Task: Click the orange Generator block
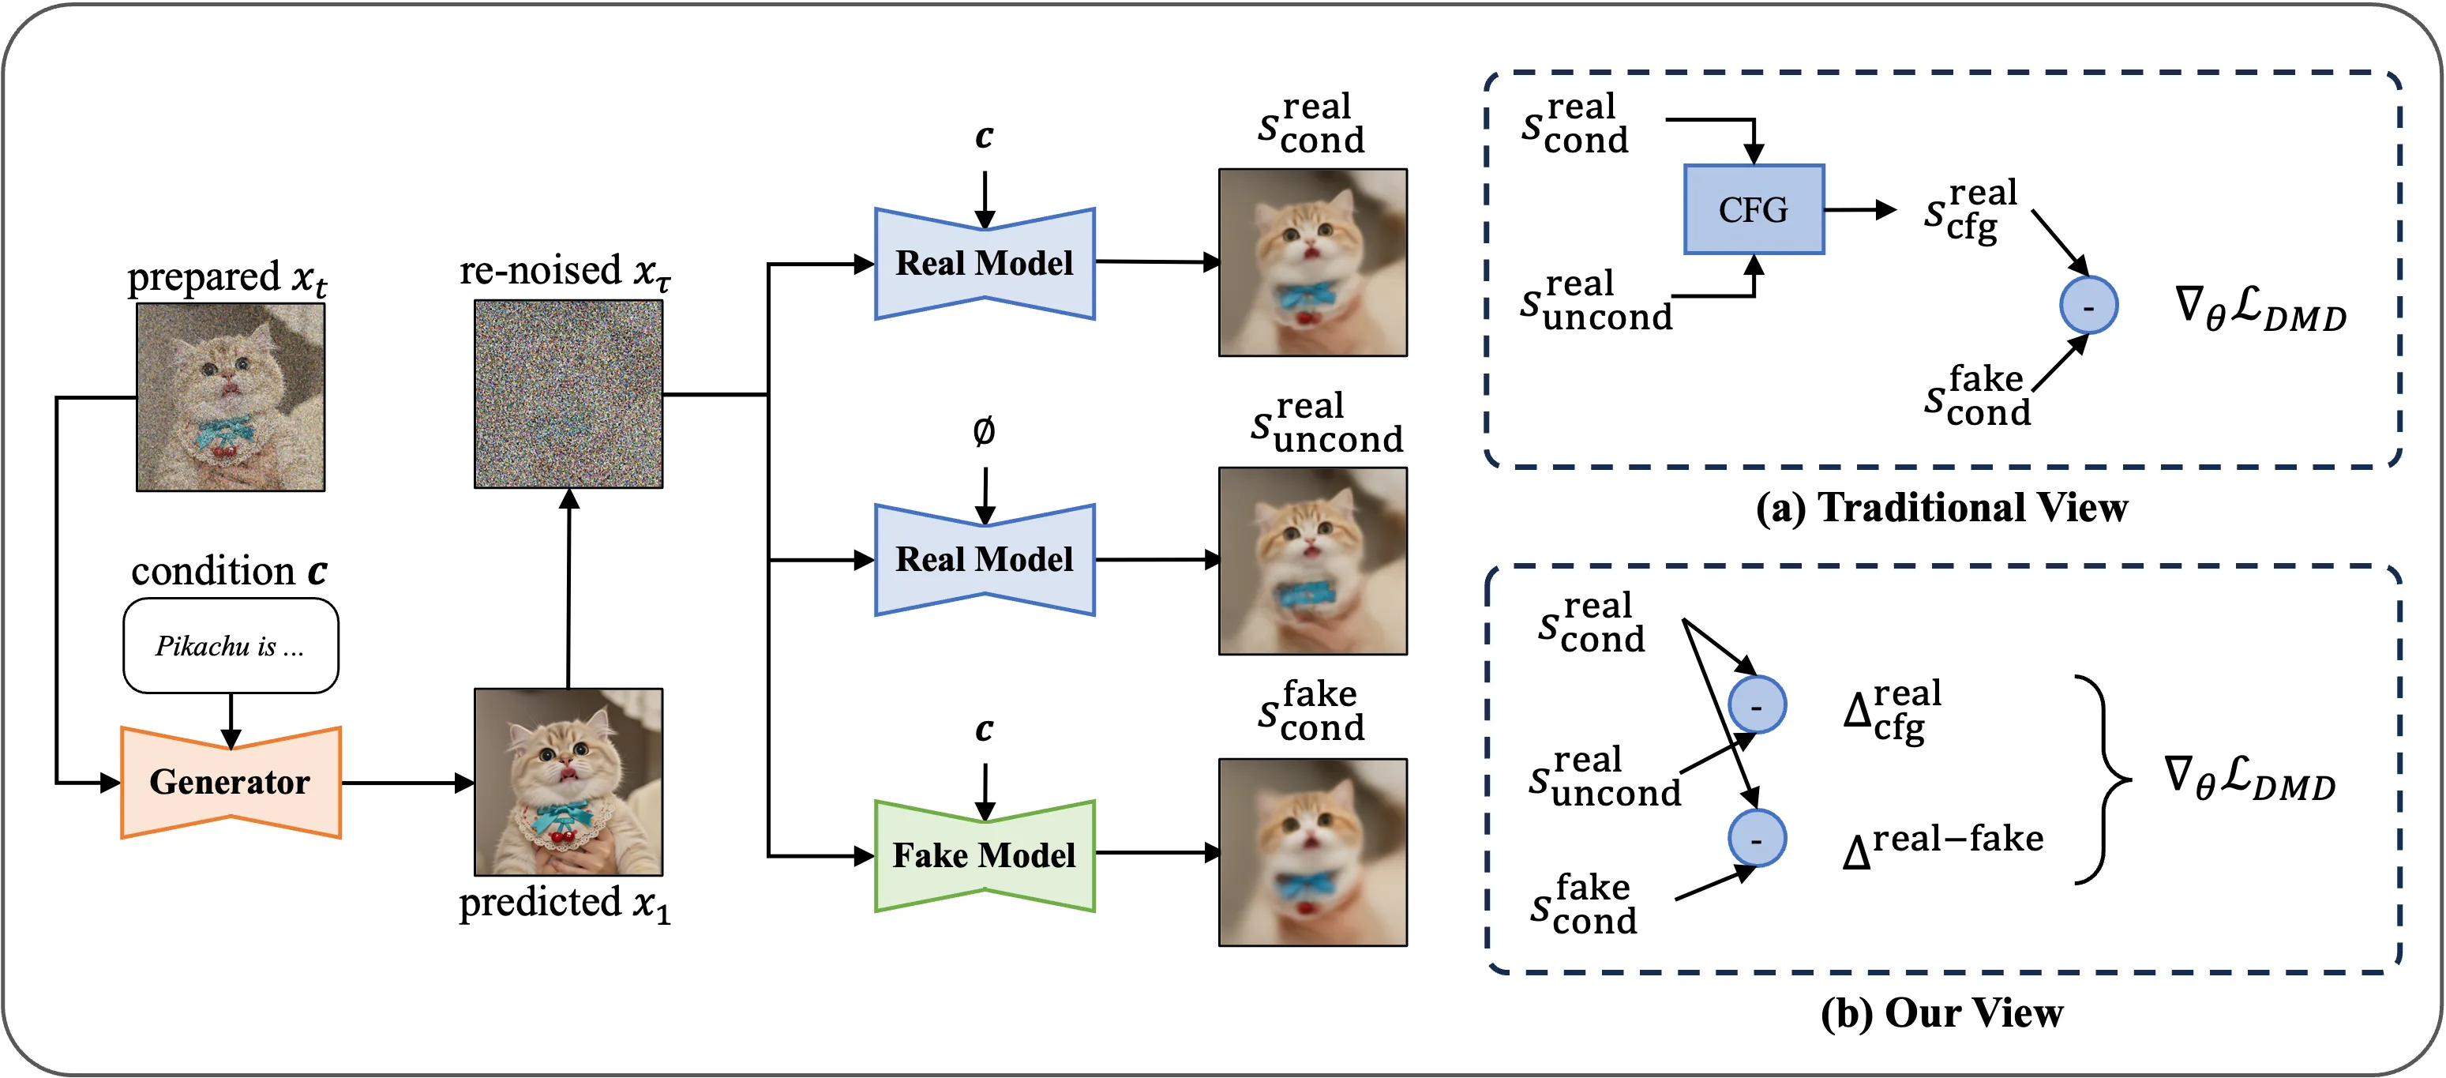tap(230, 782)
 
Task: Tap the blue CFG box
tap(1753, 209)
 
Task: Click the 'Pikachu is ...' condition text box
tap(230, 646)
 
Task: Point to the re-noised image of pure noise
tap(568, 393)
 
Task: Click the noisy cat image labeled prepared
tap(230, 396)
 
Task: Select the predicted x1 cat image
tap(568, 782)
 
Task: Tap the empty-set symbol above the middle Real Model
tap(984, 432)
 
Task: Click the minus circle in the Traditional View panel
tap(2088, 306)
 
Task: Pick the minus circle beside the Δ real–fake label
tap(1757, 839)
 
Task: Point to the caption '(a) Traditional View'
tap(1941, 508)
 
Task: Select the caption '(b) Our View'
tap(1941, 1013)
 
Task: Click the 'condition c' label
tap(229, 572)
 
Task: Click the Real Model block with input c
tap(984, 263)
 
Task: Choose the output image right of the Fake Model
tap(1312, 852)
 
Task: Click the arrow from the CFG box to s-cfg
tap(1859, 210)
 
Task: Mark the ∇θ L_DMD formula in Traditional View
tap(2260, 309)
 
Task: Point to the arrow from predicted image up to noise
tap(568, 589)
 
